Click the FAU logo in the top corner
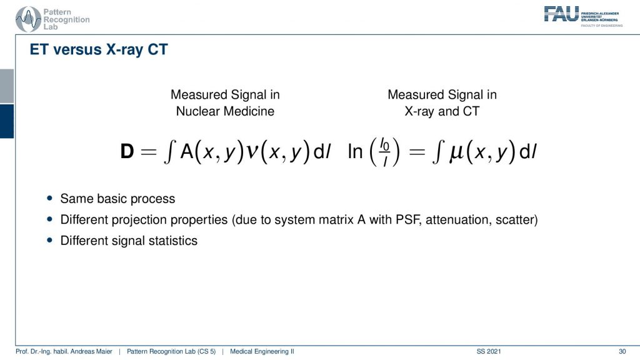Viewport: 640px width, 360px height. pyautogui.click(x=583, y=16)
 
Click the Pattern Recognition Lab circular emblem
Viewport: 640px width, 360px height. pyautogui.click(x=28, y=19)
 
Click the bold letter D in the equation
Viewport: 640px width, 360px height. pyautogui.click(x=127, y=151)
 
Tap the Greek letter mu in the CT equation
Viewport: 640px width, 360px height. pyautogui.click(x=457, y=153)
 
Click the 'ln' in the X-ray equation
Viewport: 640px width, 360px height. pyautogui.click(x=355, y=151)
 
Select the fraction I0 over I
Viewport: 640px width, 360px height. pyautogui.click(x=384, y=152)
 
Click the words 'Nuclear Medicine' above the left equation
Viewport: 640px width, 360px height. pyautogui.click(x=225, y=111)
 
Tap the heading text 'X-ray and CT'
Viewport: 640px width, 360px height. pyautogui.click(x=442, y=111)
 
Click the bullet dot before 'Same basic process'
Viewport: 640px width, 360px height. pyautogui.click(x=50, y=198)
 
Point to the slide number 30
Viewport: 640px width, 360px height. pyautogui.click(x=622, y=351)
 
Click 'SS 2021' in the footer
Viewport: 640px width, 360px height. pyautogui.click(x=489, y=351)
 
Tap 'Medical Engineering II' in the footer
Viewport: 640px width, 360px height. pyautogui.click(x=262, y=351)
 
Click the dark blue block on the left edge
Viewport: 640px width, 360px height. pyautogui.click(x=7, y=121)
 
